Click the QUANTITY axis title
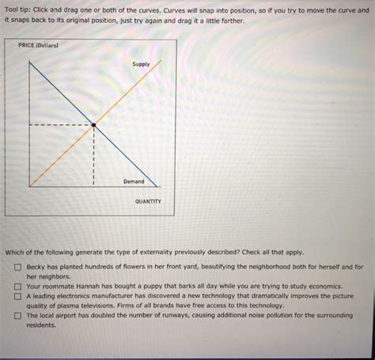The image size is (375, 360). (147, 201)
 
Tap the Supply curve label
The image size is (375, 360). (140, 63)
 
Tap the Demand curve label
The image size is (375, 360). (134, 181)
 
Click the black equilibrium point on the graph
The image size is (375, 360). (94, 125)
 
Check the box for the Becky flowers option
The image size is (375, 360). (17, 267)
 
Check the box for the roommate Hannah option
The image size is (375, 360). (17, 286)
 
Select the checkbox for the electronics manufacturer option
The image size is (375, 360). (17, 296)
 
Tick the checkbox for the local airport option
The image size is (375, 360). (17, 315)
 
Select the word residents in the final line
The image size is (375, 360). (42, 324)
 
